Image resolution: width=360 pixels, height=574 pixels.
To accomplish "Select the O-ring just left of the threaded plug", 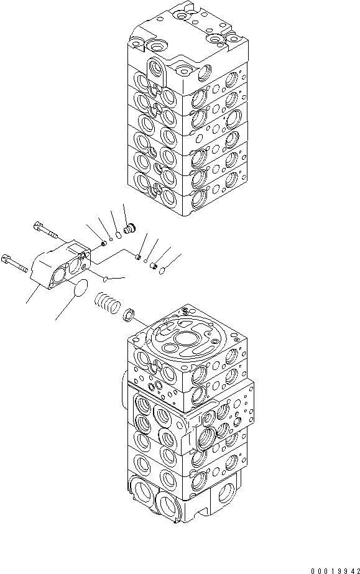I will click(119, 233).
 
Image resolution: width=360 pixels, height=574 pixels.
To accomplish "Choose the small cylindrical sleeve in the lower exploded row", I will click(150, 265).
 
